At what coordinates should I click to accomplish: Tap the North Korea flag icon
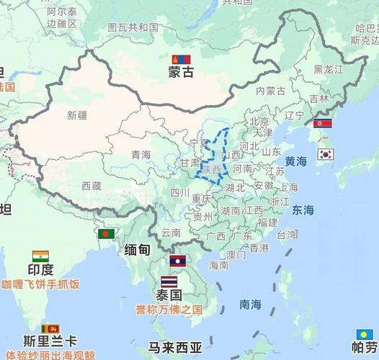pyautogui.click(x=323, y=123)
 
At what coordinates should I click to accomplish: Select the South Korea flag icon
pyautogui.click(x=326, y=153)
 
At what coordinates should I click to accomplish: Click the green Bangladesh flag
pyautogui.click(x=107, y=234)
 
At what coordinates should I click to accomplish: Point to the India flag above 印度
pyautogui.click(x=40, y=256)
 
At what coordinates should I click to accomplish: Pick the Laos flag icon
pyautogui.click(x=177, y=261)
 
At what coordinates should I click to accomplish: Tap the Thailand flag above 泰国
pyautogui.click(x=169, y=281)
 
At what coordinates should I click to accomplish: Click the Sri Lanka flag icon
pyautogui.click(x=50, y=329)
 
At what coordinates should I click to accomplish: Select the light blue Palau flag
pyautogui.click(x=365, y=335)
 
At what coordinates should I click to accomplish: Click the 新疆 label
pyautogui.click(x=77, y=114)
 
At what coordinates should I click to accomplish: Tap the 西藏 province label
pyautogui.click(x=92, y=186)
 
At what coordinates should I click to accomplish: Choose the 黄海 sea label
pyautogui.click(x=295, y=161)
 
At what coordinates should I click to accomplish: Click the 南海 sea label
pyautogui.click(x=250, y=305)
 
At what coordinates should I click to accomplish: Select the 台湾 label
pyautogui.click(x=287, y=234)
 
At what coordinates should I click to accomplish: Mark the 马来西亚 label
pyautogui.click(x=175, y=348)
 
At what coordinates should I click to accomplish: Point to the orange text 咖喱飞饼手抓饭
pyautogui.click(x=40, y=284)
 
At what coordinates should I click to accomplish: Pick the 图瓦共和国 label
pyautogui.click(x=133, y=27)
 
